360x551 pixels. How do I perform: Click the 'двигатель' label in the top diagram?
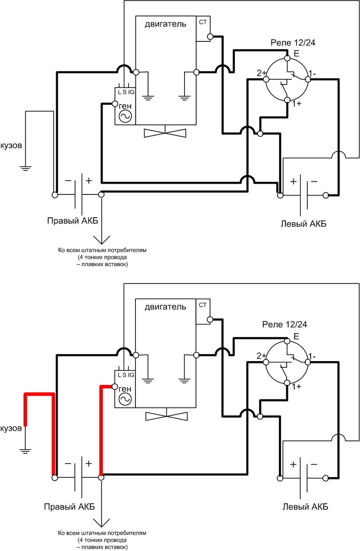[165, 24]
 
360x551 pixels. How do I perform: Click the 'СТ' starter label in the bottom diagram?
[202, 305]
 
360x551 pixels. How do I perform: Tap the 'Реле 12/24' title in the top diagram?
[292, 43]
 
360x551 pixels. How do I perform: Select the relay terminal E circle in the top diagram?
[287, 58]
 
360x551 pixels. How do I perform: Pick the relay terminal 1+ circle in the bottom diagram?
[287, 383]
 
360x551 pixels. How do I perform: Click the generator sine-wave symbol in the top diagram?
[125, 117]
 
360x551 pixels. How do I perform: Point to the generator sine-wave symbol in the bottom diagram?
[125, 399]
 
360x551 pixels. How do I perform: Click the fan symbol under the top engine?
[165, 133]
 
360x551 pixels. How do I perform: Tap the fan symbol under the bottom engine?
[166, 416]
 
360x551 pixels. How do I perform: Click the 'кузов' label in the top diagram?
[11, 145]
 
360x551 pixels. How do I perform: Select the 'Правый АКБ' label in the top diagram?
[72, 221]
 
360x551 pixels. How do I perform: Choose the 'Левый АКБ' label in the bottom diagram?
[305, 506]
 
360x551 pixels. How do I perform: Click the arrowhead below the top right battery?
[102, 239]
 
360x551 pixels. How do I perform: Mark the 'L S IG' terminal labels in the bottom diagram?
[126, 375]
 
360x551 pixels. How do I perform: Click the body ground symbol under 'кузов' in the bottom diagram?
[25, 451]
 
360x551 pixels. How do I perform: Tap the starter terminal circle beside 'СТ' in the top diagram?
[210, 36]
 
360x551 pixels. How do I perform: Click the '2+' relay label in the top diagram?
[261, 73]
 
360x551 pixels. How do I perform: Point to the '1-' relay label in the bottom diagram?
[312, 356]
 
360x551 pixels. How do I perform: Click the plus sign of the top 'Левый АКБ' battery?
[293, 181]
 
